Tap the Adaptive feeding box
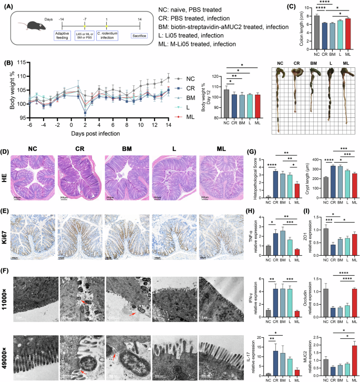pos(62,35)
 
